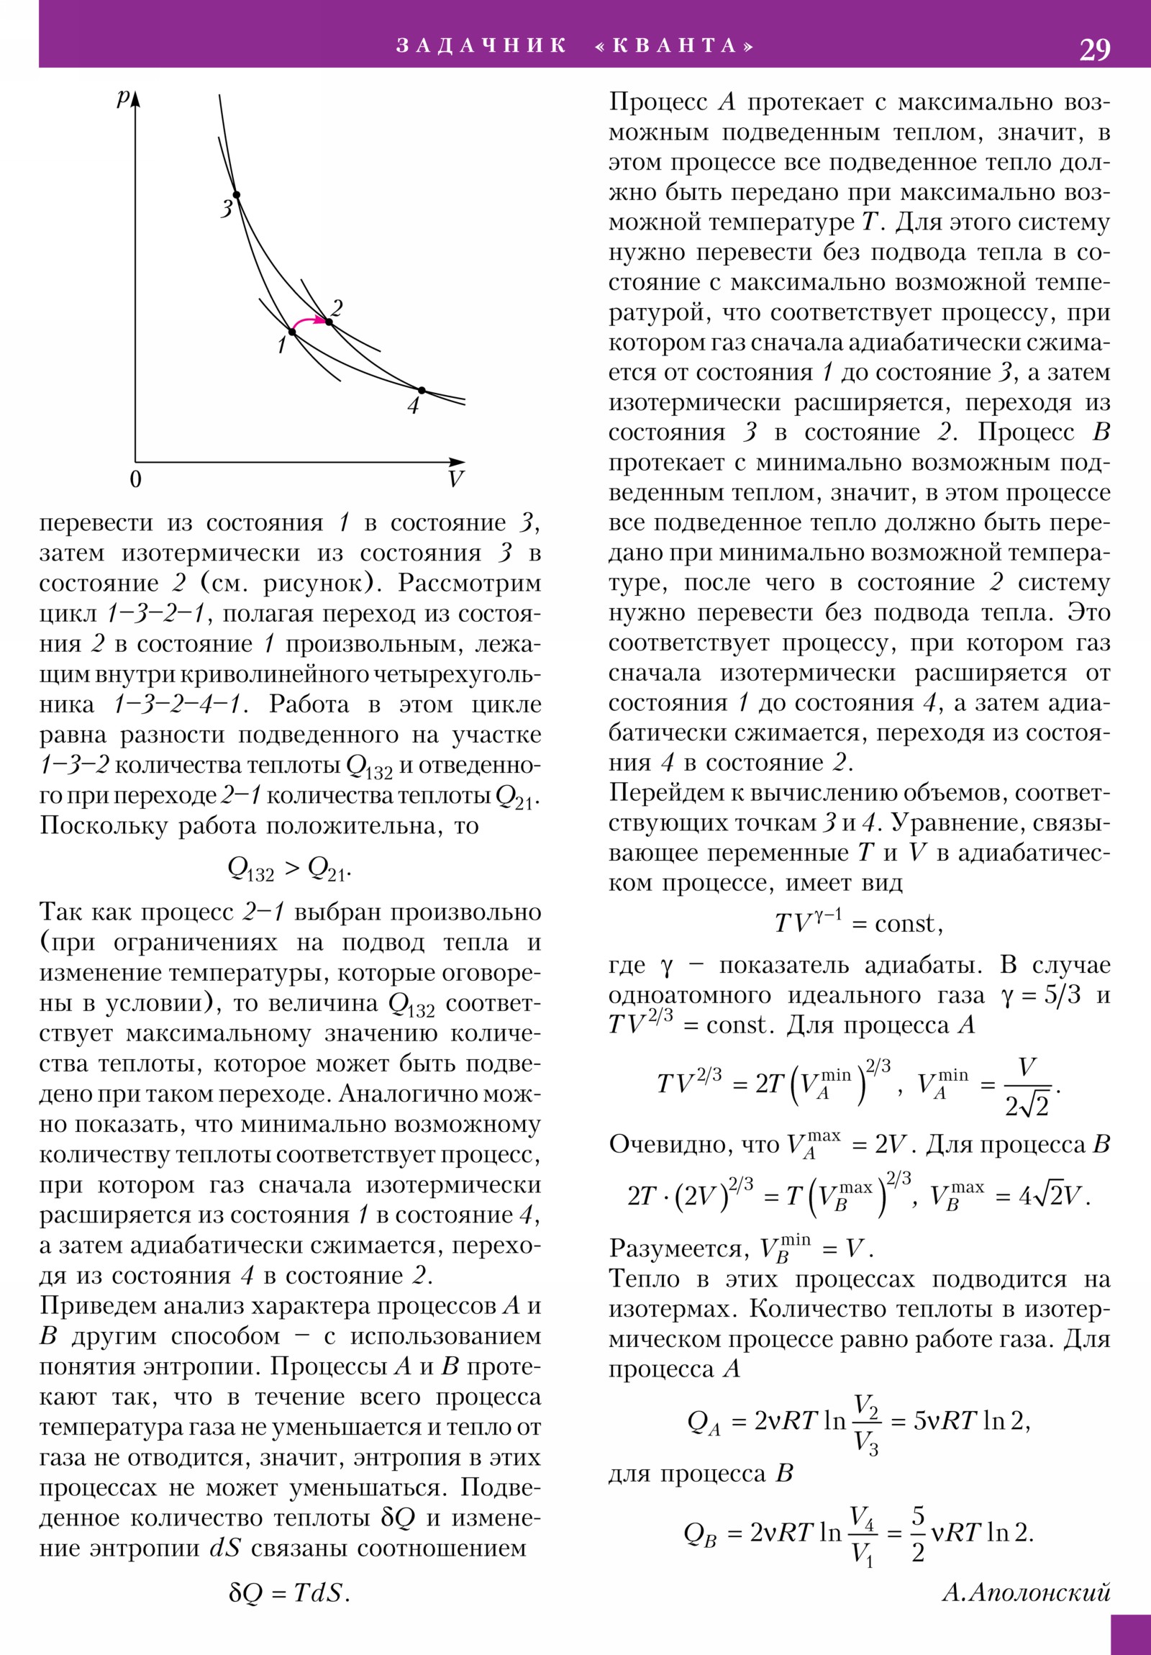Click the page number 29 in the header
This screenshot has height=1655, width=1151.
(1094, 50)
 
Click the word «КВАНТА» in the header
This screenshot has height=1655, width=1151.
(675, 46)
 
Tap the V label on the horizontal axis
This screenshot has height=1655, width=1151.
(455, 479)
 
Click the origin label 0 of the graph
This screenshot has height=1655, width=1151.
(135, 479)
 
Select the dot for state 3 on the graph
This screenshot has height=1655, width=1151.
(236, 194)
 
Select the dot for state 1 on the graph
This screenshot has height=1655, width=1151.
(292, 332)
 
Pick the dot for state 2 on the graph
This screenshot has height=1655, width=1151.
(329, 322)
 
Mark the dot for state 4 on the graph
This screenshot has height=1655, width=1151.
(422, 391)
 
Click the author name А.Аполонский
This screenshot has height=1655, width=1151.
(1027, 1592)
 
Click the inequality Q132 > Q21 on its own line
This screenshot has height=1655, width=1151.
(289, 869)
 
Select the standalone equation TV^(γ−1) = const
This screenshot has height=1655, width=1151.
(858, 923)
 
